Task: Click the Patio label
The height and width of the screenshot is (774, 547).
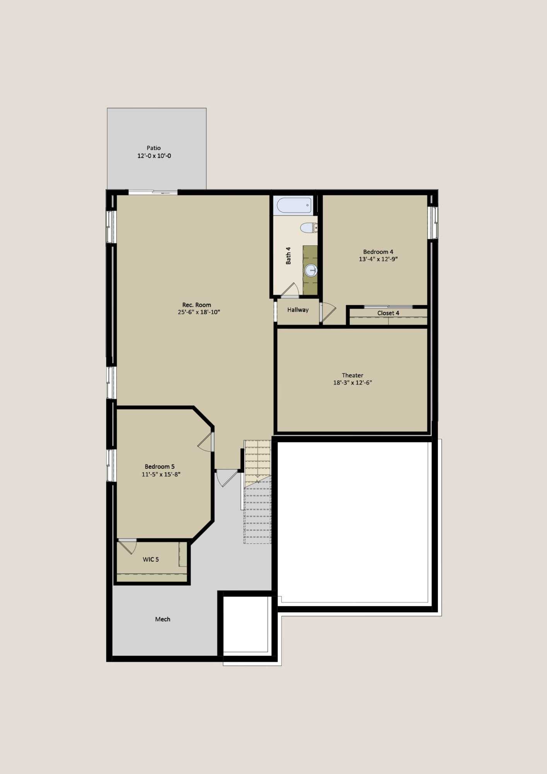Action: [x=153, y=148]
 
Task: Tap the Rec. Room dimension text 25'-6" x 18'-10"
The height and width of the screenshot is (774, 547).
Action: [x=199, y=312]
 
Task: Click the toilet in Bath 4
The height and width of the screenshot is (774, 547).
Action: [x=309, y=228]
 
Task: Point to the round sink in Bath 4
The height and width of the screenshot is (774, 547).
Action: [x=310, y=270]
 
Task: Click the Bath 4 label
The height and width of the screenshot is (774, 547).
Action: [x=288, y=255]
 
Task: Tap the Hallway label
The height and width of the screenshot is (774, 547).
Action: [x=298, y=310]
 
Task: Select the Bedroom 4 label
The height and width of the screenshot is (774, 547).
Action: [x=378, y=252]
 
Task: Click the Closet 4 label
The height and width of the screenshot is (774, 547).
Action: [x=388, y=313]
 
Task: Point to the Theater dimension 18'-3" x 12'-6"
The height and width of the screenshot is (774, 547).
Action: [x=353, y=382]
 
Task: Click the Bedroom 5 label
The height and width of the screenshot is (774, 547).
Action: [x=160, y=466]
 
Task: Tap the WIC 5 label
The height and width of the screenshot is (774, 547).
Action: [x=151, y=559]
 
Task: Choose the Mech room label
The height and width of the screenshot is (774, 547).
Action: [x=162, y=619]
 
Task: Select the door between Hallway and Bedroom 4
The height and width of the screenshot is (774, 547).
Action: [x=327, y=312]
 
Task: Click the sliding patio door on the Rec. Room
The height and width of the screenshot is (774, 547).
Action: [x=153, y=192]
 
